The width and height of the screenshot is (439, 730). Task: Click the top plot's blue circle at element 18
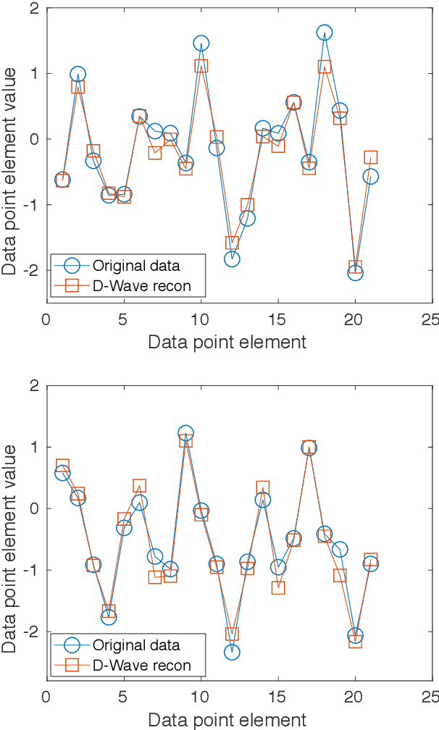pyautogui.click(x=324, y=33)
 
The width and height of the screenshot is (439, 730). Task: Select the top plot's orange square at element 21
pyautogui.click(x=370, y=157)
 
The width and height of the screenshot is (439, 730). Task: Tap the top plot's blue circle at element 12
pyautogui.click(x=232, y=259)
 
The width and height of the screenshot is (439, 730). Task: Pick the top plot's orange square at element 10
pyautogui.click(x=201, y=66)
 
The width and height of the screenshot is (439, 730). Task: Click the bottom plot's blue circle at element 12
pyautogui.click(x=232, y=652)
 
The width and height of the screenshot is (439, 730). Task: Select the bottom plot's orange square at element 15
pyautogui.click(x=278, y=587)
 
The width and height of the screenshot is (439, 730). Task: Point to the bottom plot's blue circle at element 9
pyautogui.click(x=185, y=433)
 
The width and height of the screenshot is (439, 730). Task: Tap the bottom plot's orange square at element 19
pyautogui.click(x=340, y=575)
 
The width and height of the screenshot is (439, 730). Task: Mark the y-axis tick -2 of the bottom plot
pyautogui.click(x=29, y=632)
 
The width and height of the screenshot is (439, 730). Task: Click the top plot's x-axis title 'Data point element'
pyautogui.click(x=227, y=342)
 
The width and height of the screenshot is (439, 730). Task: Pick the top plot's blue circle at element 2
pyautogui.click(x=78, y=74)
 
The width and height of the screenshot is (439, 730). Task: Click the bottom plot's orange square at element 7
pyautogui.click(x=155, y=577)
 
